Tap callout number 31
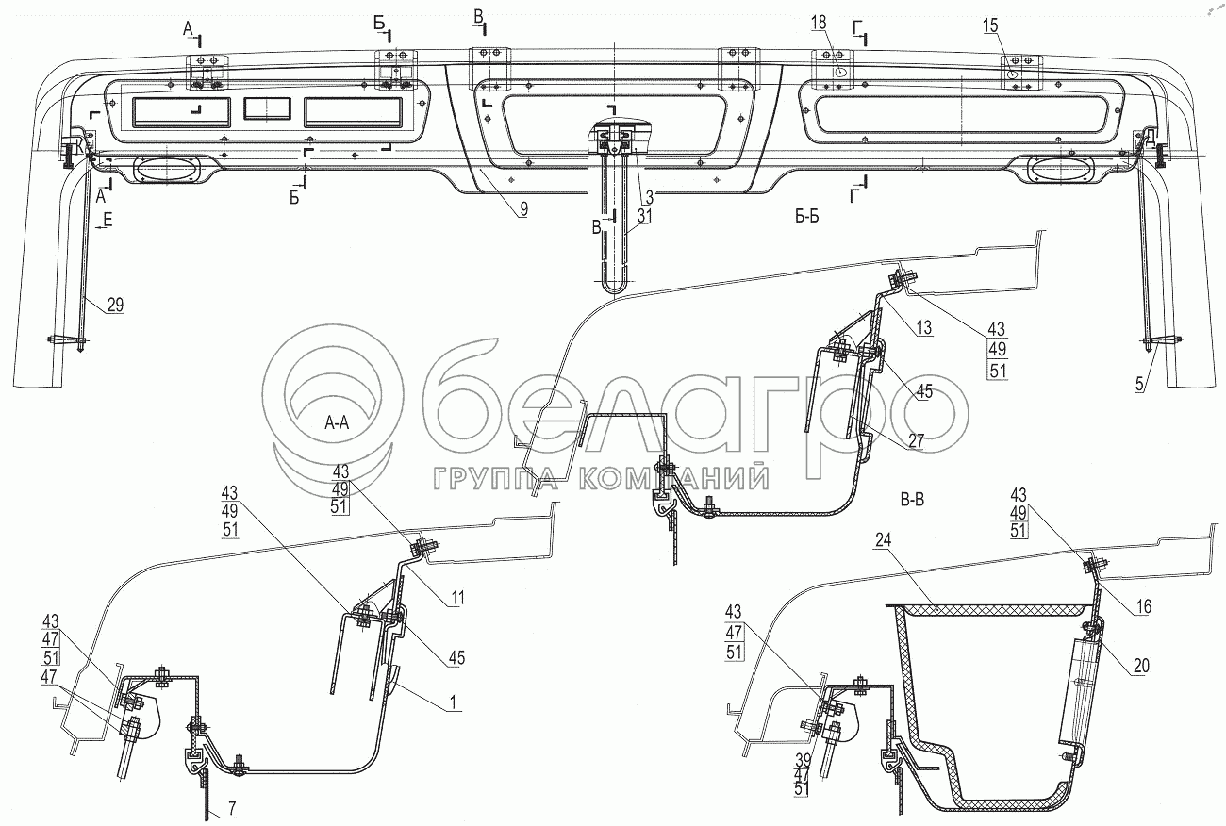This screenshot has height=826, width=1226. pyautogui.click(x=642, y=216)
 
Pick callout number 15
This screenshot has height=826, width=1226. pyautogui.click(x=989, y=26)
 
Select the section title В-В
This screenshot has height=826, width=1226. pyautogui.click(x=911, y=501)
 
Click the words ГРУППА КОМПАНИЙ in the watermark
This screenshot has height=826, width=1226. pyautogui.click(x=598, y=479)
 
